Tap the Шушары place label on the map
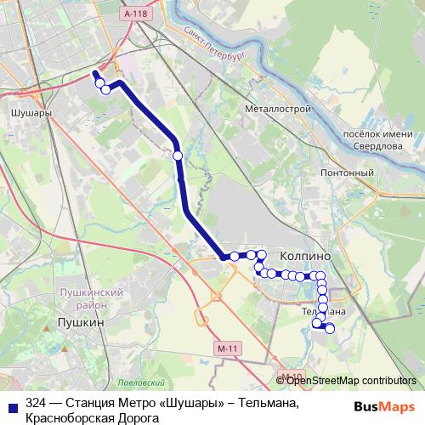coord(29,111)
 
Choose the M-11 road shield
coord(225,350)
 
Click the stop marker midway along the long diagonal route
coord(178,156)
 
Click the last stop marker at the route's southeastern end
coord(330,328)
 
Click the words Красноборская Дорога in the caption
coord(93,417)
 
